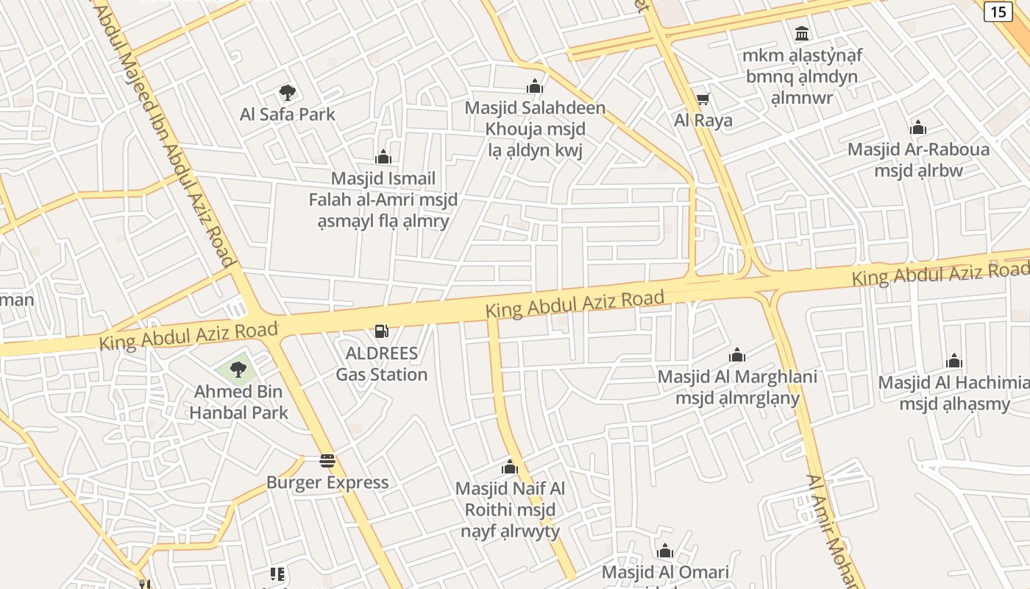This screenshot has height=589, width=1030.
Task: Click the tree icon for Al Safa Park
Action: (288, 93)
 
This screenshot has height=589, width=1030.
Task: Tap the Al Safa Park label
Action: (288, 114)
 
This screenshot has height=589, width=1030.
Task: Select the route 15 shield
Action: (998, 11)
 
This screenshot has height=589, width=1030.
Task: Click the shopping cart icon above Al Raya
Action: (703, 99)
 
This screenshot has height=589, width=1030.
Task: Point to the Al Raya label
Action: (703, 120)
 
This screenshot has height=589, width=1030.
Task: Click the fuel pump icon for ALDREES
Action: (381, 331)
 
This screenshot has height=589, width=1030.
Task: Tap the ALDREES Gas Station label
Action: (382, 364)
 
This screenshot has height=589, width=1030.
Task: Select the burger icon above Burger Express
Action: (327, 462)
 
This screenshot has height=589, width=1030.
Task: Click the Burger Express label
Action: (327, 483)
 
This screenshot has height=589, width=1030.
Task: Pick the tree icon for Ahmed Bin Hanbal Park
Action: (238, 369)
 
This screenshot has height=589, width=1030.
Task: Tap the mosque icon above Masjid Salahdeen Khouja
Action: (535, 86)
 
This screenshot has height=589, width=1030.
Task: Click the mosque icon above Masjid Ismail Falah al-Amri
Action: (383, 157)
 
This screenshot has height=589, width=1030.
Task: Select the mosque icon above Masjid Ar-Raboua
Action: (917, 128)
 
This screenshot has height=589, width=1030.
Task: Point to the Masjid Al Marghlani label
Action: (737, 387)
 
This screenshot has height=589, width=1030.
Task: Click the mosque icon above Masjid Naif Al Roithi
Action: (510, 467)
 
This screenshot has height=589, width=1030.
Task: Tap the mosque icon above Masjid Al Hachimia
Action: (954, 361)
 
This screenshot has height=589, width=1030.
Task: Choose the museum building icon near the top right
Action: (802, 33)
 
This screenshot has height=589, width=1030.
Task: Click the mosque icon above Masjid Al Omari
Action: (665, 551)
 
